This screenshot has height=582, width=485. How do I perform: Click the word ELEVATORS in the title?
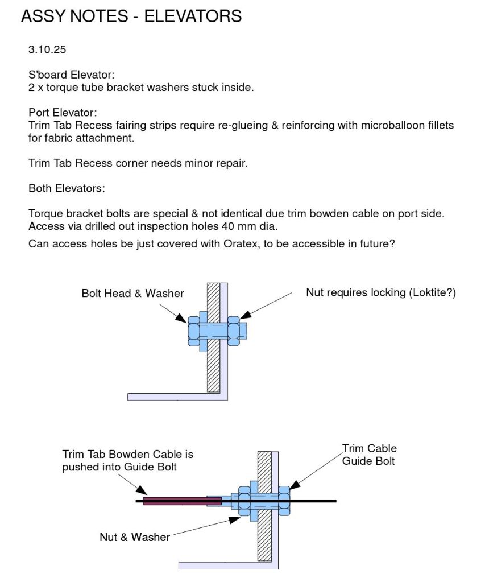pos(193,16)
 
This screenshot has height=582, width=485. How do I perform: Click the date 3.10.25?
pos(47,49)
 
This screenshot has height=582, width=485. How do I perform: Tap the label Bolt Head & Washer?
pos(132,294)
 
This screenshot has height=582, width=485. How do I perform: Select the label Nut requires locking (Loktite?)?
pos(381,293)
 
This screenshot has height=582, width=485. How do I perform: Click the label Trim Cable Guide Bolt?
pos(369,455)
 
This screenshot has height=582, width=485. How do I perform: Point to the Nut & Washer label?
pos(135,537)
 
